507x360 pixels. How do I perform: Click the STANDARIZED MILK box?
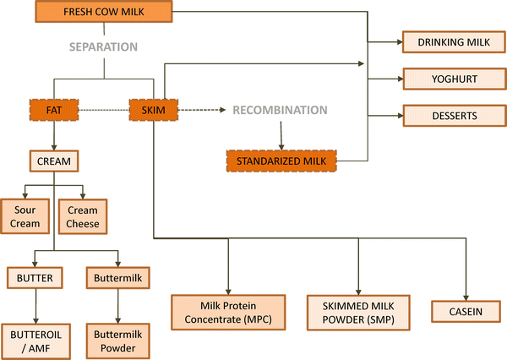[281, 159]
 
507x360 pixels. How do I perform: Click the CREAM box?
[54, 160]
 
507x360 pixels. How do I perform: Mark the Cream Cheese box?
[83, 216]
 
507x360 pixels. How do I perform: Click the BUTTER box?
[35, 276]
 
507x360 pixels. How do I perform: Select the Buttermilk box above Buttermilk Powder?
[111, 276]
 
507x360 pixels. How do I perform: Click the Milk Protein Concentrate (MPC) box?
[228, 311]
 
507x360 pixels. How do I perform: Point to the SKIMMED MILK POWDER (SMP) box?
[358, 311]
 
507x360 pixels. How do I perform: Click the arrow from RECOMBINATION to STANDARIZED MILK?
[281, 134]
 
